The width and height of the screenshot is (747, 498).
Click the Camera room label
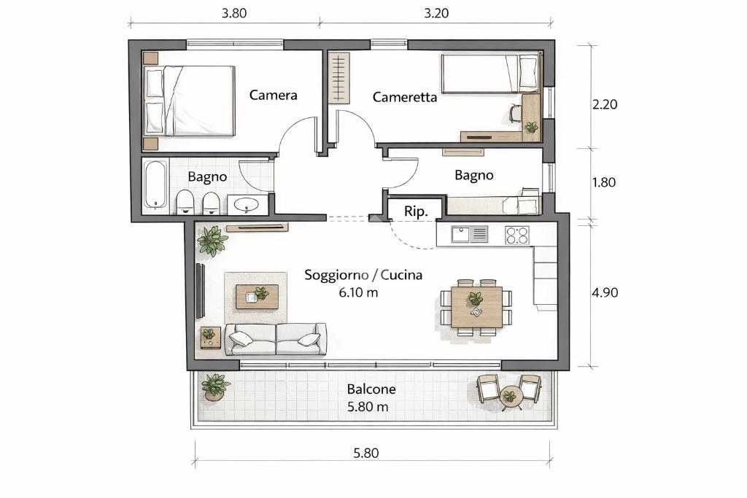pos(273,95)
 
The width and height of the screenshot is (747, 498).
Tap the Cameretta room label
pos(404,97)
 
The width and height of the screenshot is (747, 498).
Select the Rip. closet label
pos(416,211)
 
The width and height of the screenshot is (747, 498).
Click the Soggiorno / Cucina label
pos(363,275)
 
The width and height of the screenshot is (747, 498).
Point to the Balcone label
pos(371,389)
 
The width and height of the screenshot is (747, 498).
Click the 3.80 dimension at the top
pos(234,13)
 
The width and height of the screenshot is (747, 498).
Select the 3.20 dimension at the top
pos(436,13)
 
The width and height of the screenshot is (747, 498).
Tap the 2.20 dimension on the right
pos(605,104)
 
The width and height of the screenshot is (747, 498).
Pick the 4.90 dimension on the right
pos(605,292)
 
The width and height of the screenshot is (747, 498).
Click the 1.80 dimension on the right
pos(603,182)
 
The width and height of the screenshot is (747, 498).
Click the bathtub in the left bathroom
pos(156,184)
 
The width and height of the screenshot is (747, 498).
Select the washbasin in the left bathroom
pos(246,205)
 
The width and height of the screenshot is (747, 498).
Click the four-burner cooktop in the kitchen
pos(517,236)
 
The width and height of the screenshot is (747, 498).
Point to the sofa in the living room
pos(276,339)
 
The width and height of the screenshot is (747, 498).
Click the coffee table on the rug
pos(258,297)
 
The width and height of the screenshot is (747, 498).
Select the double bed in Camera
pos(190,101)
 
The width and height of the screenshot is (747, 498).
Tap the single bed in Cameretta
pos(490,74)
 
